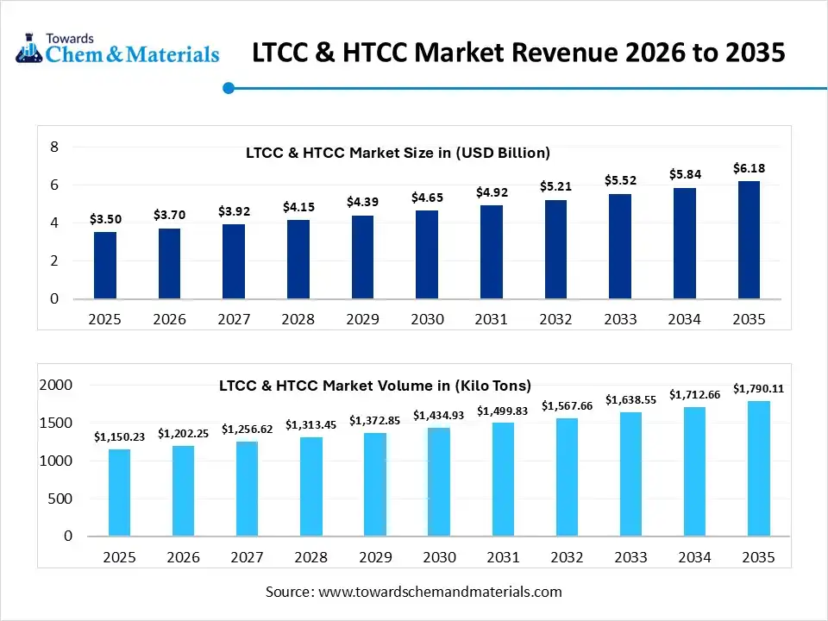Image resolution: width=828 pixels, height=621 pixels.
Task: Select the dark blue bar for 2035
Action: (x=749, y=240)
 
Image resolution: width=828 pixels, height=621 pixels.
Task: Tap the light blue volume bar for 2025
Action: (x=120, y=492)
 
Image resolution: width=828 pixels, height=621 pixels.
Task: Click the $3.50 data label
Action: (x=105, y=220)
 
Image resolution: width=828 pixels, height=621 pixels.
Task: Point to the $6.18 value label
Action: (x=749, y=168)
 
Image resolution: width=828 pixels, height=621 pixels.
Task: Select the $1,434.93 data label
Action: (x=439, y=415)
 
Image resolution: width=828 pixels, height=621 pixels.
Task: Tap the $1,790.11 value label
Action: (x=759, y=388)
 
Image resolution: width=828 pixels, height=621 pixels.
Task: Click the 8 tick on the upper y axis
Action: (x=53, y=147)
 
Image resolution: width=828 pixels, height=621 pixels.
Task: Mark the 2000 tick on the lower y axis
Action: (x=56, y=385)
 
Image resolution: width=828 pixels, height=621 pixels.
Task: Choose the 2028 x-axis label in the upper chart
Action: (x=298, y=319)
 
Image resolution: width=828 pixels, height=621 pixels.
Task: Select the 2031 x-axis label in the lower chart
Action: (x=503, y=557)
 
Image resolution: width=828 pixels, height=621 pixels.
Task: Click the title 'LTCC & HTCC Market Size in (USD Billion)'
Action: (x=398, y=153)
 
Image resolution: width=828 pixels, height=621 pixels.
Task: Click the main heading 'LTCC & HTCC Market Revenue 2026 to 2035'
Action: (x=518, y=53)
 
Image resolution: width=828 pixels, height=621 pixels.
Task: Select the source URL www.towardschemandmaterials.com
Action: (x=440, y=592)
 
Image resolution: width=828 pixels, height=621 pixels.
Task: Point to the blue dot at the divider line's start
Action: (x=229, y=87)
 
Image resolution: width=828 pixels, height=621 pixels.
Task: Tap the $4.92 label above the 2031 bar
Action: (x=491, y=192)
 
